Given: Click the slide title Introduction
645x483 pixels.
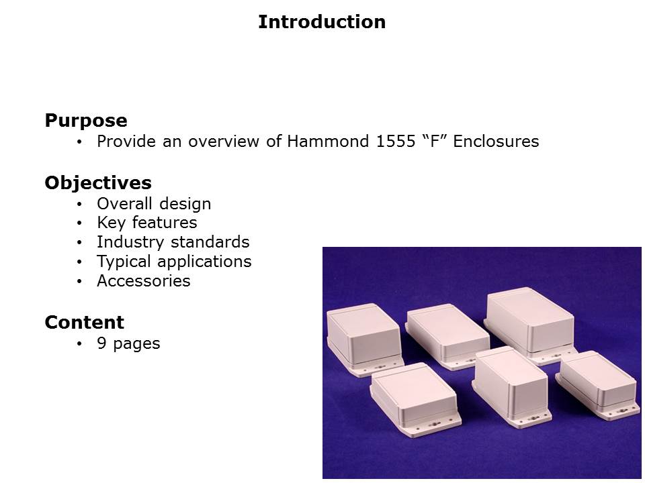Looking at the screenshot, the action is [x=322, y=21].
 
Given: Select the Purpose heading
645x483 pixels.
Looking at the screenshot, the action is [x=86, y=121].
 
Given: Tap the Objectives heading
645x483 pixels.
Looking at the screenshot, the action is [x=98, y=183].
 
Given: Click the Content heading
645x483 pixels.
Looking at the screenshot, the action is [x=85, y=323].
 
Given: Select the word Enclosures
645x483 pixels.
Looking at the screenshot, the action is [x=496, y=142].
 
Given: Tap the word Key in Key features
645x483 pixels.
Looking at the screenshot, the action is [x=111, y=223].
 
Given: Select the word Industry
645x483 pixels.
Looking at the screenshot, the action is [x=130, y=242].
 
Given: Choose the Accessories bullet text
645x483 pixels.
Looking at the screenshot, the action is [x=144, y=281].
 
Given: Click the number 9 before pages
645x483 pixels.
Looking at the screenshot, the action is [x=101, y=343].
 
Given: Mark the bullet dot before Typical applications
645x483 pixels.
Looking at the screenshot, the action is [x=79, y=262].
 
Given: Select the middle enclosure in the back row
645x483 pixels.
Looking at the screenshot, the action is [x=447, y=336].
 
